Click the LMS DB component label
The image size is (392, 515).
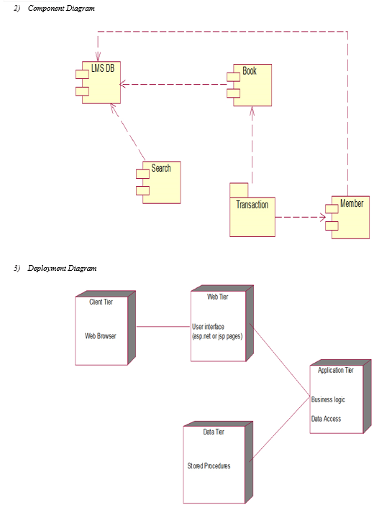(103, 68)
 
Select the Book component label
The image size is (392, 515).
(250, 71)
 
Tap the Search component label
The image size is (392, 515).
(161, 168)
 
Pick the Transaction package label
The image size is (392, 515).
(252, 205)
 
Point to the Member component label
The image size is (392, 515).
(352, 203)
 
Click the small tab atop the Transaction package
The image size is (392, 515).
(239, 190)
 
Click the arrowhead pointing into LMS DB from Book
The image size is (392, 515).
(123, 85)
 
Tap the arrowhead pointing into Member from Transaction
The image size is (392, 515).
(323, 217)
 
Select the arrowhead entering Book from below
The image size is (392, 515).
(252, 111)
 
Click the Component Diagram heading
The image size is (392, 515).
(61, 9)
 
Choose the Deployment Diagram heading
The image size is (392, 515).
(62, 269)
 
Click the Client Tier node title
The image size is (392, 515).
(101, 302)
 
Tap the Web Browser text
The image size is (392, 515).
(100, 336)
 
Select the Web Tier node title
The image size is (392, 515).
(217, 297)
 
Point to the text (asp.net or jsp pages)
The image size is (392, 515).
(217, 336)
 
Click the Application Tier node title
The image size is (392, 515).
(335, 370)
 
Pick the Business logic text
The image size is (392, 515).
(328, 399)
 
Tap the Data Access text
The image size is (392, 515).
(326, 419)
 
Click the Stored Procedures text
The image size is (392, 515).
(209, 465)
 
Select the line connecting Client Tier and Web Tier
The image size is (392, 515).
(163, 327)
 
